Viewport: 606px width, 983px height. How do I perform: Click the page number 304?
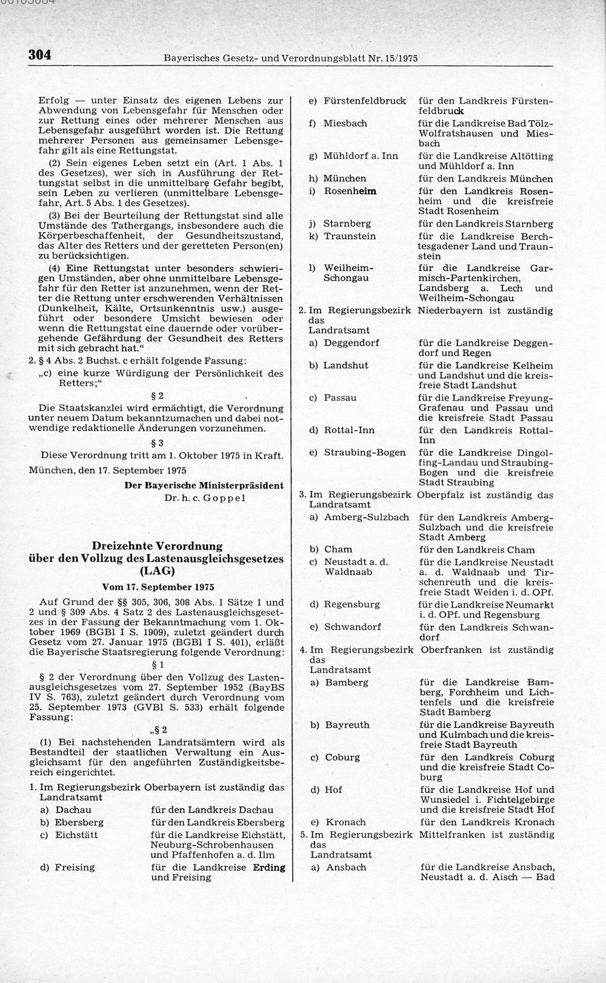click(38, 55)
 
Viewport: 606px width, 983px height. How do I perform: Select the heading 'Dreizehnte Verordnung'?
click(157, 546)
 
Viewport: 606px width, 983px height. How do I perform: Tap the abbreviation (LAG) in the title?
click(157, 571)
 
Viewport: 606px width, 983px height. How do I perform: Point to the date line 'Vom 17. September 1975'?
click(157, 587)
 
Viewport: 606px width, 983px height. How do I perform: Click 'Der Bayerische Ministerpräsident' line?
click(204, 485)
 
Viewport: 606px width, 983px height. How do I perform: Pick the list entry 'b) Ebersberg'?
click(72, 823)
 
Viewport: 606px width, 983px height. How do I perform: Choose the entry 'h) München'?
click(337, 178)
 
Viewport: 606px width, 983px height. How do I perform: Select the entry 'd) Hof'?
click(326, 790)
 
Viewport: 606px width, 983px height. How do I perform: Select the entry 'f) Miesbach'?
click(338, 123)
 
